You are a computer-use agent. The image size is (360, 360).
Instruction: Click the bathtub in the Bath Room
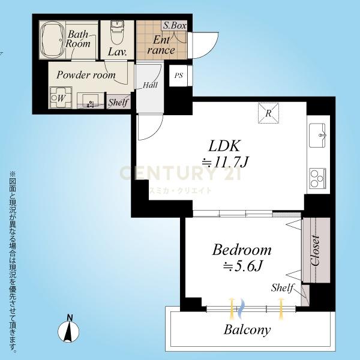tap(52, 40)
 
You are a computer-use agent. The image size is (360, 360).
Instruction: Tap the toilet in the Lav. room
tap(117, 32)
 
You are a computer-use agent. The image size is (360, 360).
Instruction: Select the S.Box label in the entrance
tap(175, 25)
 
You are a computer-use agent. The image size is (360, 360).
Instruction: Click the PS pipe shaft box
tap(179, 76)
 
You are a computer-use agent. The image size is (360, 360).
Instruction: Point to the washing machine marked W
tap(61, 98)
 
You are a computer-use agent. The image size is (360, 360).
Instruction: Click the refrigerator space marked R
tap(268, 113)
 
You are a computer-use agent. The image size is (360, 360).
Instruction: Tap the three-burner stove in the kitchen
tap(317, 178)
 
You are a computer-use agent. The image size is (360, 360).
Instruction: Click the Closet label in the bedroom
tap(315, 250)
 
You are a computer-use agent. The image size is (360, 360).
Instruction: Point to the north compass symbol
tap(68, 330)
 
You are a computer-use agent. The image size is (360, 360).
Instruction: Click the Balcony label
tap(247, 330)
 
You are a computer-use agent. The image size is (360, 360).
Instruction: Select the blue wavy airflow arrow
tap(241, 309)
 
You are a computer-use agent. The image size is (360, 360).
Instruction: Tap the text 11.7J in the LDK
tap(231, 162)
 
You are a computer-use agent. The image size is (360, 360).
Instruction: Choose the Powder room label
tap(86, 75)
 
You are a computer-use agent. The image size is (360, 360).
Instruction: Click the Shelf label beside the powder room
tap(118, 102)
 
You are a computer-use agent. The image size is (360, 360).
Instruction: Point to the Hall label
tap(150, 85)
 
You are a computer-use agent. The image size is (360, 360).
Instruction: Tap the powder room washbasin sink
tap(90, 100)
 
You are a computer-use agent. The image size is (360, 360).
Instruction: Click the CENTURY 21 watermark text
tap(181, 173)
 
